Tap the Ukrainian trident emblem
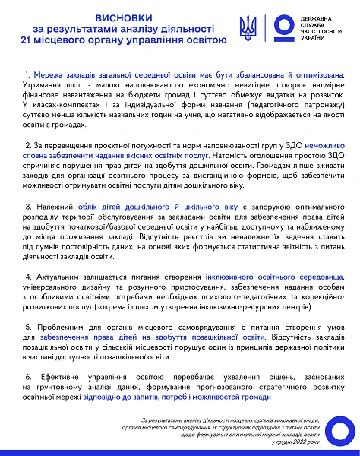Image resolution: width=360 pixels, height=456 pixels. click(x=248, y=29)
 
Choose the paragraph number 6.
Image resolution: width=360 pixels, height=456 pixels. click(x=27, y=375)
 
